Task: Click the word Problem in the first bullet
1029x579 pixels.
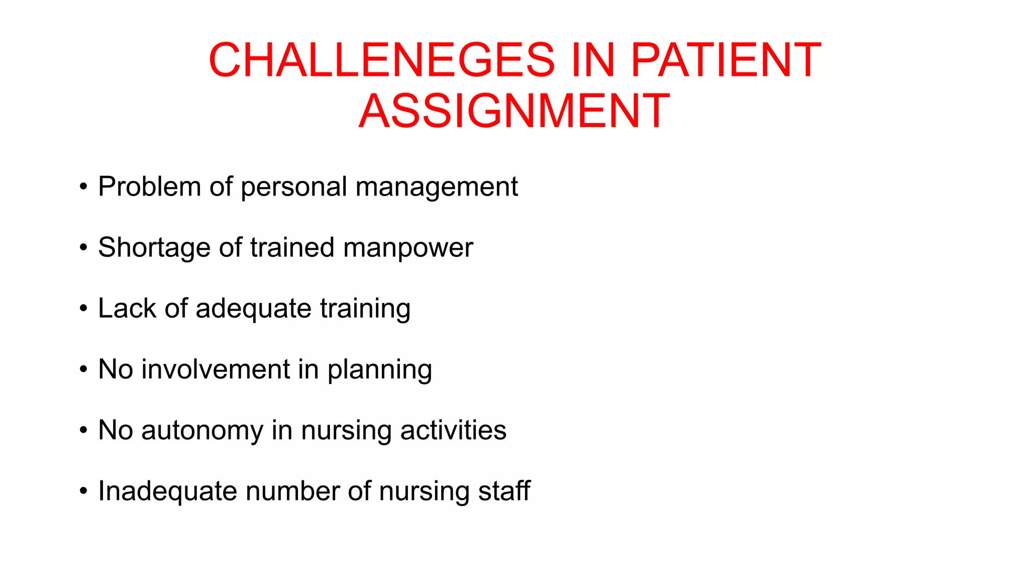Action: click(149, 186)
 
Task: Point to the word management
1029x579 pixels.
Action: click(436, 187)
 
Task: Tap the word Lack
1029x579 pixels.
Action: click(127, 308)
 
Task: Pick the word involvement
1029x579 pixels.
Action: click(216, 369)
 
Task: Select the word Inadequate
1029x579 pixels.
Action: click(167, 492)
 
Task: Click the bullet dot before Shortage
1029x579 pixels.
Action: click(83, 247)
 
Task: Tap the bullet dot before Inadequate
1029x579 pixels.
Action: click(83, 491)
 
